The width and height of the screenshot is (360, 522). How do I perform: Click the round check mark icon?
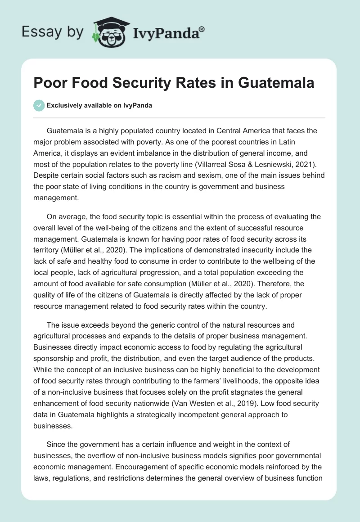tap(39, 105)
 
